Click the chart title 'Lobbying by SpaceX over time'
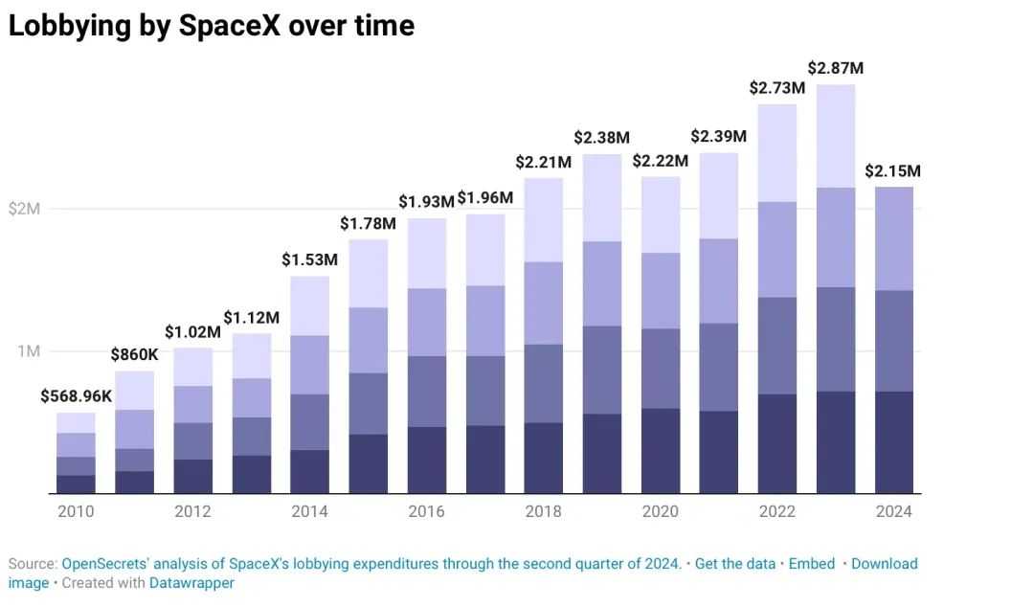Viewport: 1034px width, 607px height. tap(212, 26)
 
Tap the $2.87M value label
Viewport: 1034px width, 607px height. tap(836, 68)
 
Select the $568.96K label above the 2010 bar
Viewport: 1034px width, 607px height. tap(76, 396)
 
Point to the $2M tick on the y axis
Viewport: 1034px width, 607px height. tap(25, 209)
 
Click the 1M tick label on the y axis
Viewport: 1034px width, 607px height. tap(29, 351)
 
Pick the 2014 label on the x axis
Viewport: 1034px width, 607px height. tap(309, 511)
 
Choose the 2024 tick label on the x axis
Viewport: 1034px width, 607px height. tap(894, 511)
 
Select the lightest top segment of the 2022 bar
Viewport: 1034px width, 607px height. tap(777, 153)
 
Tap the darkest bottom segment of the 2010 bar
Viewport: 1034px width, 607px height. tap(76, 484)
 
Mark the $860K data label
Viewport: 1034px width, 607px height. tap(134, 355)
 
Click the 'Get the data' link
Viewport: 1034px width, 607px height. tap(735, 564)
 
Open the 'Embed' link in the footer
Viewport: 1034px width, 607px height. tap(812, 564)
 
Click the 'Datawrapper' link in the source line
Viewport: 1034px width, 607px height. tap(191, 582)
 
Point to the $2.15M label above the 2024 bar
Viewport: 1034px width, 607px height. tap(892, 171)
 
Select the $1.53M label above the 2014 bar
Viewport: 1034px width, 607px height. tap(309, 259)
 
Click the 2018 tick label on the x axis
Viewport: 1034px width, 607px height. tap(544, 511)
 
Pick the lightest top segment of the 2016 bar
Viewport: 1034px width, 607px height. tap(427, 254)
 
